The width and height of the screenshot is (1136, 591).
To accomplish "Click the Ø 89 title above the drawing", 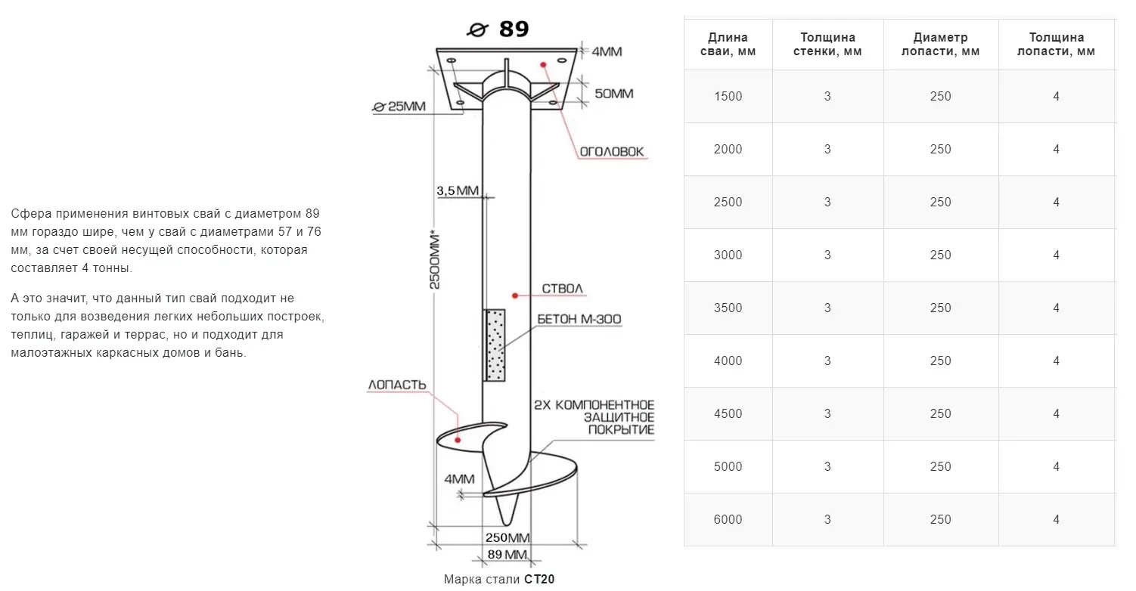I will (x=498, y=29).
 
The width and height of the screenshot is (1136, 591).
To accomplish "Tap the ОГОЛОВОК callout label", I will (x=611, y=152).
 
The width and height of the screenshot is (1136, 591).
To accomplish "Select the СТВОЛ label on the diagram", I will (x=563, y=289).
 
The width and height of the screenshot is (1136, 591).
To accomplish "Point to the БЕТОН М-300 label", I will (x=579, y=320).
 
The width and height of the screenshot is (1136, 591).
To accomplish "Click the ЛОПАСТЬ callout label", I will (x=397, y=385).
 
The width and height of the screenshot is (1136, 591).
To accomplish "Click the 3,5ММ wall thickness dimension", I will (x=458, y=191).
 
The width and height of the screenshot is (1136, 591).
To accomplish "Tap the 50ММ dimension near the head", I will (x=613, y=94).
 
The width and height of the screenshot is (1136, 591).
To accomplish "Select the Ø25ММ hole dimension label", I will (x=400, y=107).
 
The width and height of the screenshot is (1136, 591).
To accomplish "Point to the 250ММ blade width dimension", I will (x=507, y=538).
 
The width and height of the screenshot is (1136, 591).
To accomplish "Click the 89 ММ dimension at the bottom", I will (x=507, y=555).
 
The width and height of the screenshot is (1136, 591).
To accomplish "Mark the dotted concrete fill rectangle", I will (x=496, y=345).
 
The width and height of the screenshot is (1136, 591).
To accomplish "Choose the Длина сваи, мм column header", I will (x=728, y=45).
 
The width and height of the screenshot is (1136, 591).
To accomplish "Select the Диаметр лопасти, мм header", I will (x=940, y=45).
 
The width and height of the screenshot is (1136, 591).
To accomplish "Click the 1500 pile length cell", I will (x=728, y=97).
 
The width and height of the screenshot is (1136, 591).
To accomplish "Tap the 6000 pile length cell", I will (x=728, y=520).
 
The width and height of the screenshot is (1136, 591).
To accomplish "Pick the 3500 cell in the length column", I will (x=728, y=308).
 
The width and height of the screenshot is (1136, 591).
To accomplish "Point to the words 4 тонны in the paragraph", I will (x=105, y=268).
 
